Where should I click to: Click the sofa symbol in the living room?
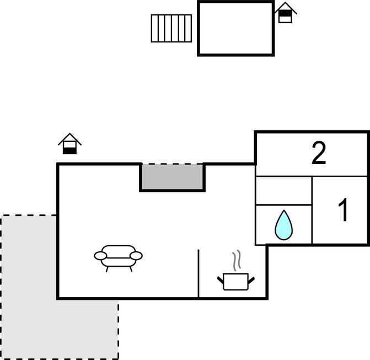tap(118, 256)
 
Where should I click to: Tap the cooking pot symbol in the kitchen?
tap(235, 281)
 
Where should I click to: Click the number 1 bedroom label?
tap(343, 210)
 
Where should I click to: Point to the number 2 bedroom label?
tap(319, 153)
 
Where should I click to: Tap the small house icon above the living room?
tap(69, 144)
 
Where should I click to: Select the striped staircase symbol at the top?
tap(171, 28)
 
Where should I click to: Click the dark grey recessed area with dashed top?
tap(172, 177)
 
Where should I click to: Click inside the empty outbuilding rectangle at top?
tap(235, 28)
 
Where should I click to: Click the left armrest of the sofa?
tap(100, 256)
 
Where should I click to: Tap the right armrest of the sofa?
tap(136, 256)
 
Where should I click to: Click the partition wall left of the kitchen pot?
tap(199, 273)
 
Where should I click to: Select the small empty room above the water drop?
tap(283, 190)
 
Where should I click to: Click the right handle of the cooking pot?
tap(251, 280)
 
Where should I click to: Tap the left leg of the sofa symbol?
tap(106, 268)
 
